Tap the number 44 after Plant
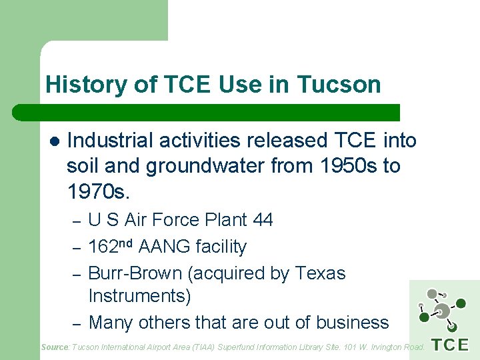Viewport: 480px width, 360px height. tap(261, 220)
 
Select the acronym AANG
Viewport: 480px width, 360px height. tap(165, 247)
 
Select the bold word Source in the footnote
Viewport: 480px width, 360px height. tap(55, 347)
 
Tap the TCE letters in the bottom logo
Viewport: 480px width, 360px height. tap(450, 345)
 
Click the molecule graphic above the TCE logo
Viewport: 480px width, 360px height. tap(440, 311)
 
